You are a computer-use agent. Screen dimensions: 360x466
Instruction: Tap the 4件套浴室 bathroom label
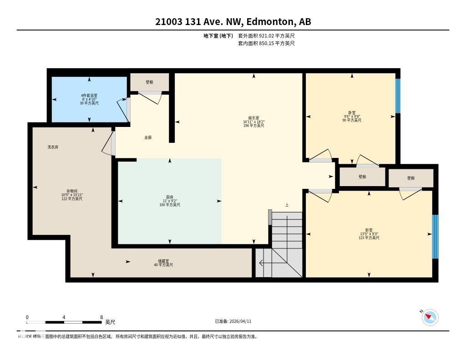89,96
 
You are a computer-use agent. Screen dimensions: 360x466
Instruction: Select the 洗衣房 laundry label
53,147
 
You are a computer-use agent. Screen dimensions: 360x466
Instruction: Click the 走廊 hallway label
148,137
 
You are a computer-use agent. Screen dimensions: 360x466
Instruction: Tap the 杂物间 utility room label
72,191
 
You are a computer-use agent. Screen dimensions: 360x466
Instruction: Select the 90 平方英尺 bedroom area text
352,121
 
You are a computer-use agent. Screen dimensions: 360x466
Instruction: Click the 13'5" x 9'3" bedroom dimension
369,234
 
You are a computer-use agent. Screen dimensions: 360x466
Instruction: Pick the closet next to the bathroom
149,82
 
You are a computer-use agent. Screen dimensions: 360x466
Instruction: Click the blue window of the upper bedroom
397,96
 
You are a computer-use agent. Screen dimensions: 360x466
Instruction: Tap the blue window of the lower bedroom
435,236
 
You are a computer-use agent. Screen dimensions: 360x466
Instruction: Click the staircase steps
287,232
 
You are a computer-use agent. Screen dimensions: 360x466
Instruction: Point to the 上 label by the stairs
287,205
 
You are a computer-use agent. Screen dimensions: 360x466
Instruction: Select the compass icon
430,317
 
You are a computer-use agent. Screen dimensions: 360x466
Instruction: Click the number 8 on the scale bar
101,317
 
